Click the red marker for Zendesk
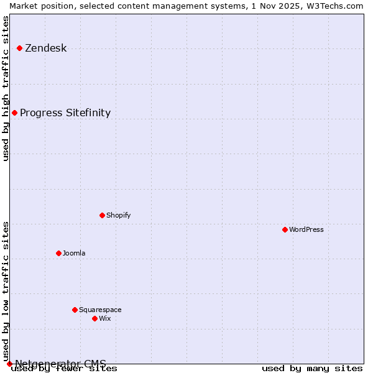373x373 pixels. pyautogui.click(x=19, y=48)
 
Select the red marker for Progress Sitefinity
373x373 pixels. pyautogui.click(x=14, y=113)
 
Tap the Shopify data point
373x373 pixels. pyautogui.click(x=102, y=215)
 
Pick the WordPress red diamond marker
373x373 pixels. pyautogui.click(x=285, y=229)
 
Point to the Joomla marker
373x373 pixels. pyautogui.click(x=58, y=253)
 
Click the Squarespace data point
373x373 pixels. pyautogui.click(x=75, y=310)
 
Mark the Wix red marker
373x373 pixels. pyautogui.click(x=94, y=318)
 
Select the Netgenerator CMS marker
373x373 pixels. pyautogui.click(x=9, y=364)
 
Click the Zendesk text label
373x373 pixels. pyautogui.click(x=45, y=48)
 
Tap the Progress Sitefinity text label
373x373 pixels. pyautogui.click(x=65, y=113)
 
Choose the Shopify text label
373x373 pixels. pyautogui.click(x=118, y=215)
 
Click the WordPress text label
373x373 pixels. pyautogui.click(x=306, y=229)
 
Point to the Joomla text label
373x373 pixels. pyautogui.click(x=74, y=253)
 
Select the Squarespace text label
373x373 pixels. pyautogui.click(x=100, y=310)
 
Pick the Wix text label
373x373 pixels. pyautogui.click(x=104, y=318)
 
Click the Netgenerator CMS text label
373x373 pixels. pyautogui.click(x=60, y=363)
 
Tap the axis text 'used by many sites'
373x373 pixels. pyautogui.click(x=312, y=369)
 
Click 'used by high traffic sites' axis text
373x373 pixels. pyautogui.click(x=6, y=88)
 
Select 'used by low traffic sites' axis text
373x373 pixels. pyautogui.click(x=6, y=291)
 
